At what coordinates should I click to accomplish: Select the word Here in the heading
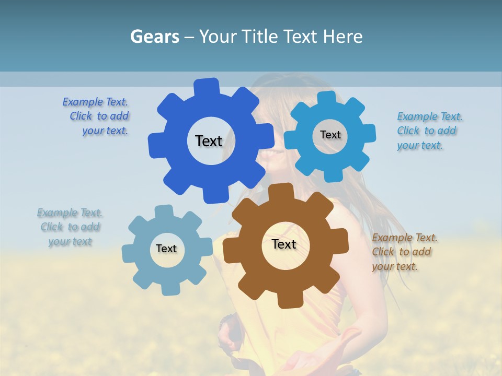(x=343, y=37)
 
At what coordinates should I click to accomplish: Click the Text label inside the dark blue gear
(x=209, y=141)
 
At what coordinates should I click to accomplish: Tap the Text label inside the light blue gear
(x=330, y=135)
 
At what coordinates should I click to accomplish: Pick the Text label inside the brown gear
(x=284, y=244)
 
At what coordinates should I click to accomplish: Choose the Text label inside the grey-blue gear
(x=166, y=249)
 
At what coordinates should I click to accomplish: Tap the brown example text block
(x=403, y=252)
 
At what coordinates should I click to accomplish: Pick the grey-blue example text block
(x=70, y=227)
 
